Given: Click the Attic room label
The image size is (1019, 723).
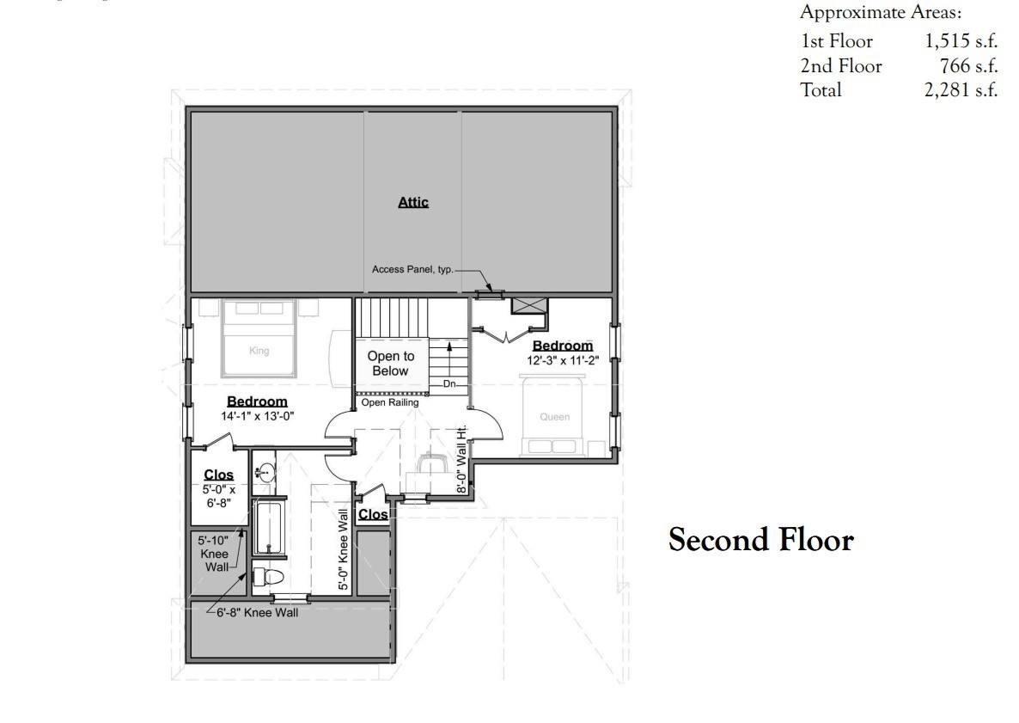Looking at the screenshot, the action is click(413, 202).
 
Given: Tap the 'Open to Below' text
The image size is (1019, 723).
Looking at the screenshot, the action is click(391, 364).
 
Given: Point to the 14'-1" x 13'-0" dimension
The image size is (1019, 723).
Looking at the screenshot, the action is click(258, 416).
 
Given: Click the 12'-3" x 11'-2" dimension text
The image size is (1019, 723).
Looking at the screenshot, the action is click(563, 359).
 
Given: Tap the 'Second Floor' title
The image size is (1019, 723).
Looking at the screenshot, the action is click(761, 540).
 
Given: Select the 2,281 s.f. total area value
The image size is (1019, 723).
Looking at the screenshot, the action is click(961, 89).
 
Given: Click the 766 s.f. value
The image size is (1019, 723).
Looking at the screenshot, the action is click(968, 65).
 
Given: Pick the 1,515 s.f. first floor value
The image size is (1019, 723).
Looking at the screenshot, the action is click(961, 41).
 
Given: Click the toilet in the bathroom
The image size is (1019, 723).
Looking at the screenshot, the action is click(268, 576).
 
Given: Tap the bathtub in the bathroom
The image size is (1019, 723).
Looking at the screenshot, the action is click(269, 527).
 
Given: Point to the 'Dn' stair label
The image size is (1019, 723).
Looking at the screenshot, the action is click(449, 384).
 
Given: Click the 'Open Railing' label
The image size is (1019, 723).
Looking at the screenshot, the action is click(390, 402).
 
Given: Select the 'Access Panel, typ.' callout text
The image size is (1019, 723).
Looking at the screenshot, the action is click(412, 269).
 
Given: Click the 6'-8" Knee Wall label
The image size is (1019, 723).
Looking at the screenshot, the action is click(258, 612).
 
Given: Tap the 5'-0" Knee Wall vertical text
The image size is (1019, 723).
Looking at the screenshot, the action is click(343, 549).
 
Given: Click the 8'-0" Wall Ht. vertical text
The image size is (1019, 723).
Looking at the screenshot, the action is click(462, 459).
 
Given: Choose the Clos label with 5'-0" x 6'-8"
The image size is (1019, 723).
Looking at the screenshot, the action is click(218, 475).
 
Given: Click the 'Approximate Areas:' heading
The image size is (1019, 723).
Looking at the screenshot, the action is click(881, 12).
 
